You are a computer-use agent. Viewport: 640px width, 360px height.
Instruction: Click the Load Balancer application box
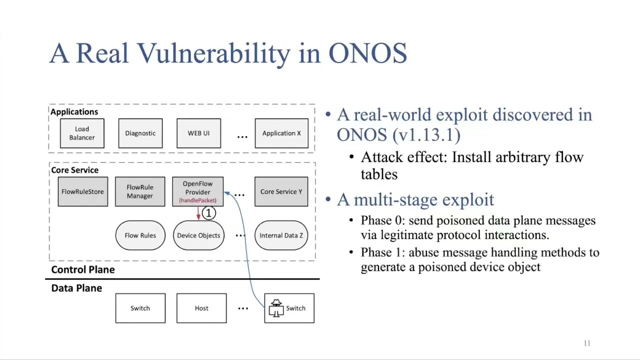point(82,133)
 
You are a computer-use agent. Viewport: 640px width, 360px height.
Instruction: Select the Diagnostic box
point(140,133)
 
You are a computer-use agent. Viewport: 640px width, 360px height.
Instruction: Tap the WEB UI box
point(198,133)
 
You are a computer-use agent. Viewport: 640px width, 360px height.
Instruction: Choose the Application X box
point(281,133)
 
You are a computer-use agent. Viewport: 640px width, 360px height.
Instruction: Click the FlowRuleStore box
point(82,191)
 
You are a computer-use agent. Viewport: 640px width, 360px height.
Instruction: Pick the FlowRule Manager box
point(140,191)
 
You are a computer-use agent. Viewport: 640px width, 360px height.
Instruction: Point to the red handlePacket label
point(197,200)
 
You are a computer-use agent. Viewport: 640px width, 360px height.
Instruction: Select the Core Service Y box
point(281,191)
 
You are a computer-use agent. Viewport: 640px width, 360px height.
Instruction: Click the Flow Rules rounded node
point(140,235)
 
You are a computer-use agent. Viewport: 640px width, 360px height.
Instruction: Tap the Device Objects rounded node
point(198,235)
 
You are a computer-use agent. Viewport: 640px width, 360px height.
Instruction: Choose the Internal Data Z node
point(281,235)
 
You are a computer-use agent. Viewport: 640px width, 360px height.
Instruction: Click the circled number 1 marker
point(208,213)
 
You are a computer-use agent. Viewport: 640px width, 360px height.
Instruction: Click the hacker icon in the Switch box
point(275,308)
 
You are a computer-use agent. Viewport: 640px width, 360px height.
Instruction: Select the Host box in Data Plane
point(201,308)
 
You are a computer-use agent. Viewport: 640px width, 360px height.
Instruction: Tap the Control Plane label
point(83,270)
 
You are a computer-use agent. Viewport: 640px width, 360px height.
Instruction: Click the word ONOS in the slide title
point(367,53)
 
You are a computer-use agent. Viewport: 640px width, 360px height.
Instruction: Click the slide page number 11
point(587,343)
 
